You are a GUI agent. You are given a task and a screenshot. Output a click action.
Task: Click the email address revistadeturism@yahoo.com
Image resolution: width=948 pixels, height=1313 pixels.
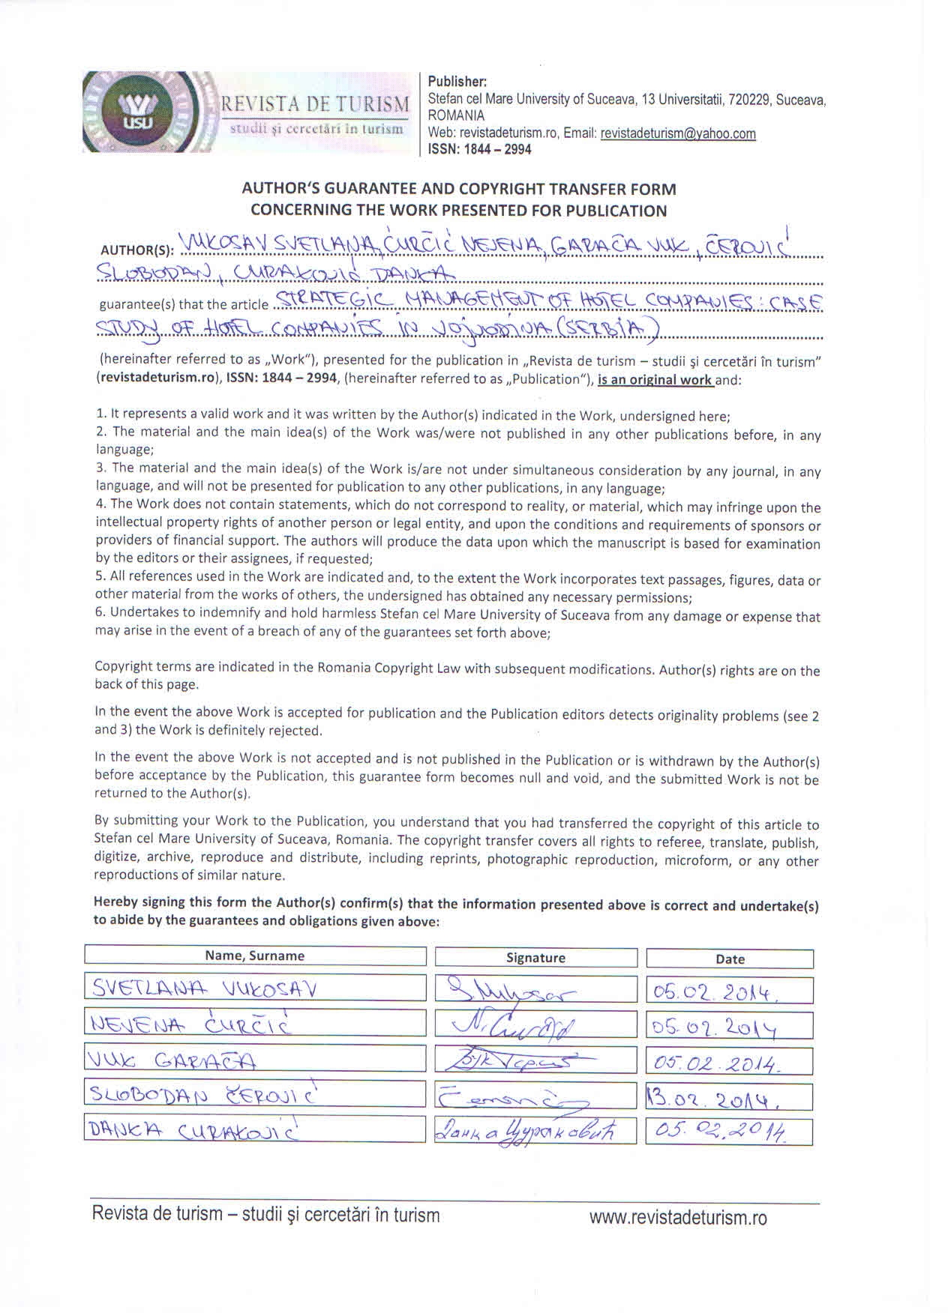[x=678, y=133]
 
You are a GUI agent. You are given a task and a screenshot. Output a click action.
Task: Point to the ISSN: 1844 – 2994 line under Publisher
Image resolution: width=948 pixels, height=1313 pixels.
[x=479, y=149]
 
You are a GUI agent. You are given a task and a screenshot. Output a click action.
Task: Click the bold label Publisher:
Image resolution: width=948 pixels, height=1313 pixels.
[x=457, y=81]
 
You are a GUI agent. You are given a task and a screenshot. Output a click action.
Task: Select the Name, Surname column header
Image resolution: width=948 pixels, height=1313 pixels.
[x=255, y=956]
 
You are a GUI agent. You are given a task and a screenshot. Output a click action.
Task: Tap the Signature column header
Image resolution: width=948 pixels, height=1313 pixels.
[x=535, y=958]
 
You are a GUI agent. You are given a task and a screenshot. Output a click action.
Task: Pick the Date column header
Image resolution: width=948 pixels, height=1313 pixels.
[x=730, y=959]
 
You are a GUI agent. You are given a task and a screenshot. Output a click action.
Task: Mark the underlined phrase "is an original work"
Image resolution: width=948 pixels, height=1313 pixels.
[x=655, y=379]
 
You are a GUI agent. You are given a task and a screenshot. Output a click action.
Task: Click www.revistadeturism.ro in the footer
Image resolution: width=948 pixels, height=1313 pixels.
[x=678, y=1218]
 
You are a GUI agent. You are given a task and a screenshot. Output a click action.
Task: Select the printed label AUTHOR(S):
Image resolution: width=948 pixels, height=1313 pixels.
[x=136, y=250]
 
